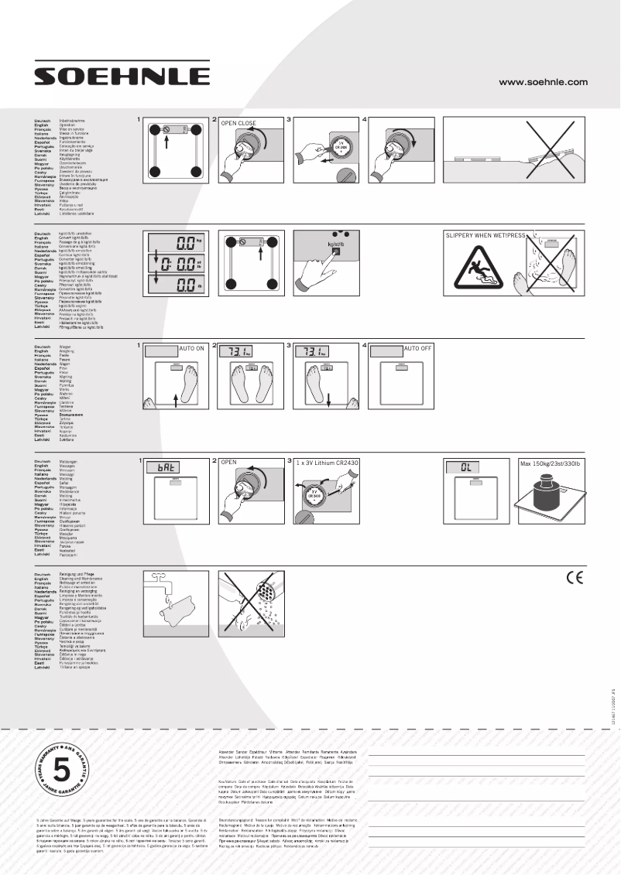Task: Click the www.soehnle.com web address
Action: tap(543, 81)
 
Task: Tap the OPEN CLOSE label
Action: tap(238, 123)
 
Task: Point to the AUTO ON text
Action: tap(192, 349)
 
